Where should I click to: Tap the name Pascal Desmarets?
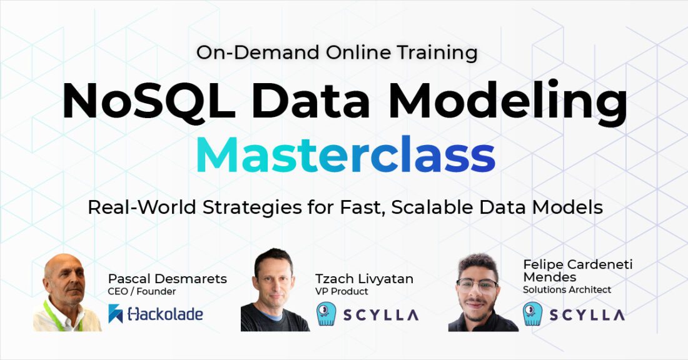click(x=167, y=278)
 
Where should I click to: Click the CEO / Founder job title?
click(x=142, y=291)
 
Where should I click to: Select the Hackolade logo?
click(x=156, y=314)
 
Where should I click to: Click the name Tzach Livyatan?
click(x=364, y=279)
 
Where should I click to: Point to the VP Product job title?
click(x=341, y=291)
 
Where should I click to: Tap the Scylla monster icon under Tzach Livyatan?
click(x=326, y=314)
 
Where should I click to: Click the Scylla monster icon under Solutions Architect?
click(x=533, y=314)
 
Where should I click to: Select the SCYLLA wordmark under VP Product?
click(x=380, y=314)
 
